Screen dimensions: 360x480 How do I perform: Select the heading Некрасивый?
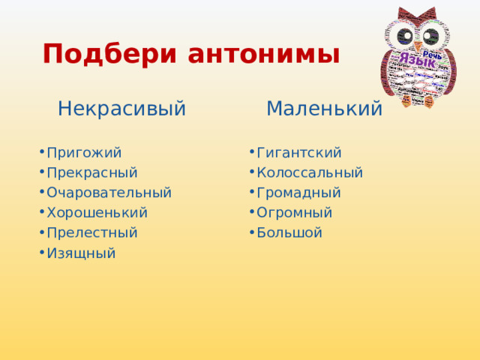(x=121, y=109)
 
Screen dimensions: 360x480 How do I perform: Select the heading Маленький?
(x=324, y=109)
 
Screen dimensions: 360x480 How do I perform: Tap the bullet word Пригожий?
(x=83, y=153)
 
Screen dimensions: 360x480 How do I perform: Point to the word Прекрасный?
(x=91, y=172)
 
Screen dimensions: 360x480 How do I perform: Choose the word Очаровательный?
(x=109, y=193)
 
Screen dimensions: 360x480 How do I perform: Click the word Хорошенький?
(x=97, y=213)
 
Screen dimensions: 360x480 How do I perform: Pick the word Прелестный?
(x=91, y=232)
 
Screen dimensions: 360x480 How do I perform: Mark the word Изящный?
(x=81, y=253)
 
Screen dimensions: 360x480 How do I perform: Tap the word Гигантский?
(x=298, y=153)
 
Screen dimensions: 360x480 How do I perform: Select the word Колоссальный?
(x=309, y=172)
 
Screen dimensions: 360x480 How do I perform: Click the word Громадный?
(x=298, y=193)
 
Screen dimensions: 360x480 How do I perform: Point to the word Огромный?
(x=294, y=213)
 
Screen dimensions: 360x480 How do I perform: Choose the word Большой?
(x=289, y=232)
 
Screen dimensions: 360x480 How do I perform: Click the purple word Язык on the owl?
(x=417, y=61)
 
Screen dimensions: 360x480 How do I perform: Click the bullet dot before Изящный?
(x=40, y=253)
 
